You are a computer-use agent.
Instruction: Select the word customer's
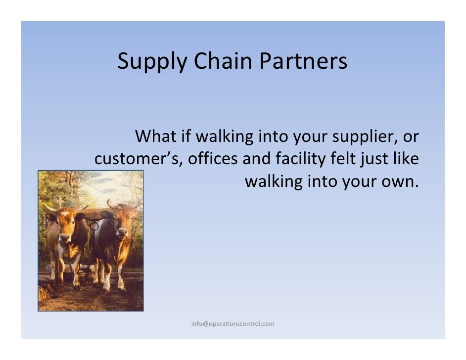pos(139,159)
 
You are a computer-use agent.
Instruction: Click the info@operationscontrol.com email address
pos(233,324)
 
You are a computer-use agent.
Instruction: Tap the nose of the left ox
pos(65,238)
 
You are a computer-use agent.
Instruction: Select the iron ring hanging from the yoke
pos(94,225)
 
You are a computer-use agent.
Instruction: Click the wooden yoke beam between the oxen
pos(94,214)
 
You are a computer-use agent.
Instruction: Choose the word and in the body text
pos(257,159)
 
